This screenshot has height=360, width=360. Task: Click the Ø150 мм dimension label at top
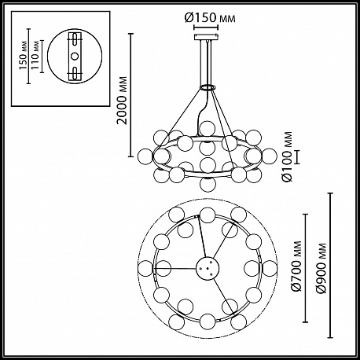(x=210, y=18)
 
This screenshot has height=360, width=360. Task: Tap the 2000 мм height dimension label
(x=122, y=101)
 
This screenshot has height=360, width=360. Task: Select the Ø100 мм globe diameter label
(x=288, y=156)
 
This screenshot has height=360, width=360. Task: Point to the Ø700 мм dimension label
(x=297, y=266)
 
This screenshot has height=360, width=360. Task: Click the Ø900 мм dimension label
(x=321, y=268)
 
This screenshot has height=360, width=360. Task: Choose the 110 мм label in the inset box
(x=35, y=56)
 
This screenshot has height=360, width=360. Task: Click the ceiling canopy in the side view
(x=206, y=37)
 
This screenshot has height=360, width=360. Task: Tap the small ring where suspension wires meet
(x=208, y=87)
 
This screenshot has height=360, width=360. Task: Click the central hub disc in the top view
(x=208, y=268)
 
